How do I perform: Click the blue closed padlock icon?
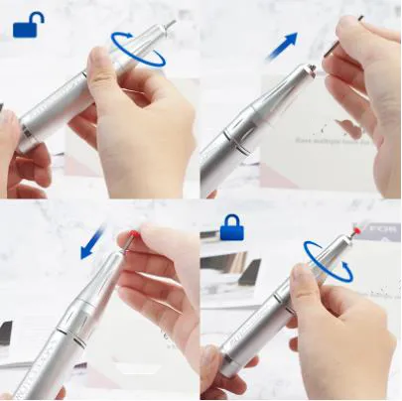[232, 227]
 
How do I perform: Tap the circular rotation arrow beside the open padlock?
[138, 49]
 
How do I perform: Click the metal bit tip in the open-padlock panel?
[171, 22]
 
